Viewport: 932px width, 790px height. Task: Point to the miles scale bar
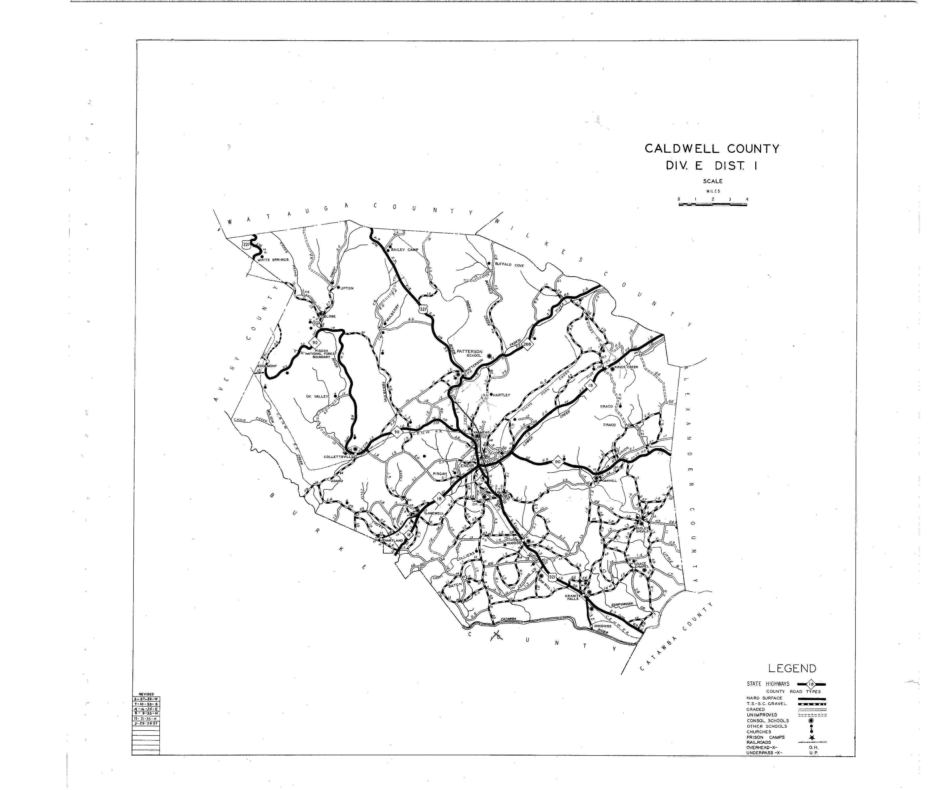click(712, 204)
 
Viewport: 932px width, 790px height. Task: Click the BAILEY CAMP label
click(405, 249)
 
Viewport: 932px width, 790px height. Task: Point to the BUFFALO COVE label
click(509, 265)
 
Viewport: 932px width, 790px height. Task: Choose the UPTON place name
click(347, 288)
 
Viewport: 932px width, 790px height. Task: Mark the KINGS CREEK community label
click(626, 367)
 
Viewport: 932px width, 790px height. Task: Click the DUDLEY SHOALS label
click(642, 530)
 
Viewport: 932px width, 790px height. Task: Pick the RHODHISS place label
click(603, 626)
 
